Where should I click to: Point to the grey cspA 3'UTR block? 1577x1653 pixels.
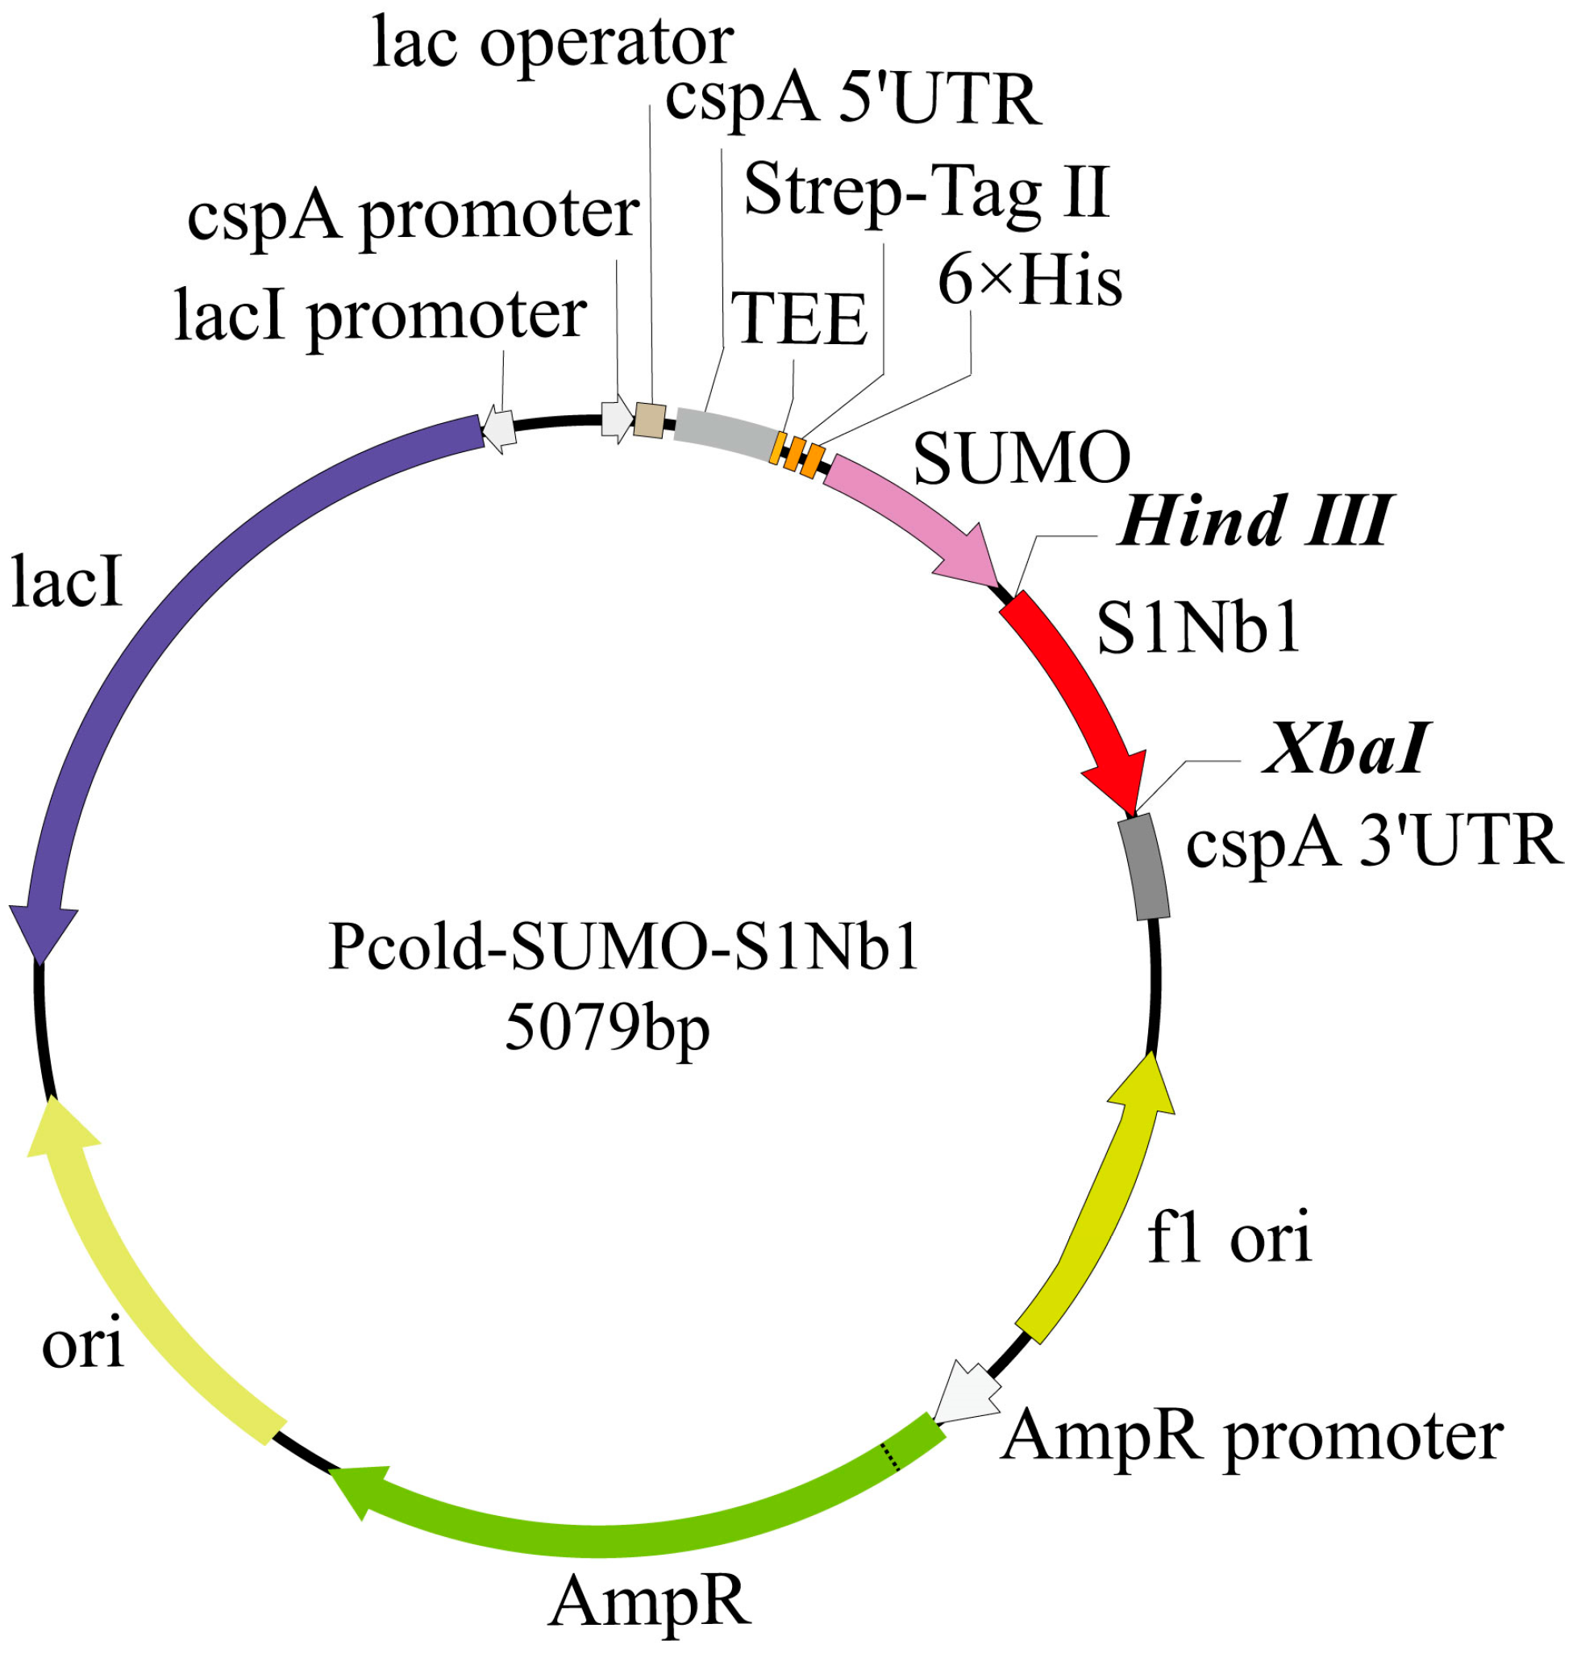[1144, 866]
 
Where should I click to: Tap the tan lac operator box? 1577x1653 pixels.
[650, 420]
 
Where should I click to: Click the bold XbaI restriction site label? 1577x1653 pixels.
[1345, 749]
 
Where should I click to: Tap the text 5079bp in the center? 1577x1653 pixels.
[607, 1030]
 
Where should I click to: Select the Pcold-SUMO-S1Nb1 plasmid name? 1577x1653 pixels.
[624, 948]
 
